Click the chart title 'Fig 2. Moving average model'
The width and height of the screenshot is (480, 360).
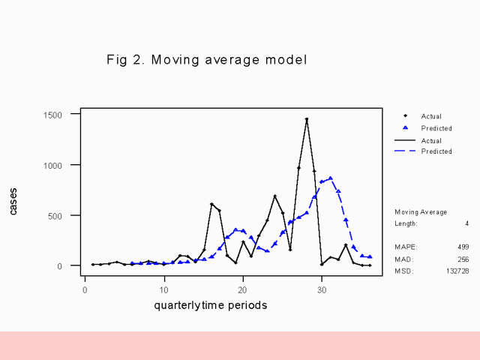click(x=207, y=59)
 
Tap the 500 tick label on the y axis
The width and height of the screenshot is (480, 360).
click(x=64, y=215)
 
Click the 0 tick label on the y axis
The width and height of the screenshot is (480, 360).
click(x=70, y=265)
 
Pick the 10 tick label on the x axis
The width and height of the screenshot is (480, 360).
click(x=164, y=289)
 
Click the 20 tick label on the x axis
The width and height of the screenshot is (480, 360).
click(x=243, y=289)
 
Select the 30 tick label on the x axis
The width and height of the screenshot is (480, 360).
click(x=322, y=289)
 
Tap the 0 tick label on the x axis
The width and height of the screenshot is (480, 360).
click(x=85, y=289)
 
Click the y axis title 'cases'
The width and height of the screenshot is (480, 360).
click(x=13, y=201)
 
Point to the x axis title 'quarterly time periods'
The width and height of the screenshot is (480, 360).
click(x=211, y=305)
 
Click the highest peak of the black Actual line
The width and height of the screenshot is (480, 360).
click(x=307, y=119)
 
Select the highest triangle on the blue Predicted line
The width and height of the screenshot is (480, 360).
click(x=330, y=178)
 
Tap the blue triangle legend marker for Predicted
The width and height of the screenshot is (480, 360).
click(x=406, y=128)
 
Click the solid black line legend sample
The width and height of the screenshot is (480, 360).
click(x=406, y=140)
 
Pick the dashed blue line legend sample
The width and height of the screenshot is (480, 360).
click(x=406, y=151)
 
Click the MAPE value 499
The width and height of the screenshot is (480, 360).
click(x=463, y=247)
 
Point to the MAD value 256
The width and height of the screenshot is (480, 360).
click(x=463, y=259)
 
